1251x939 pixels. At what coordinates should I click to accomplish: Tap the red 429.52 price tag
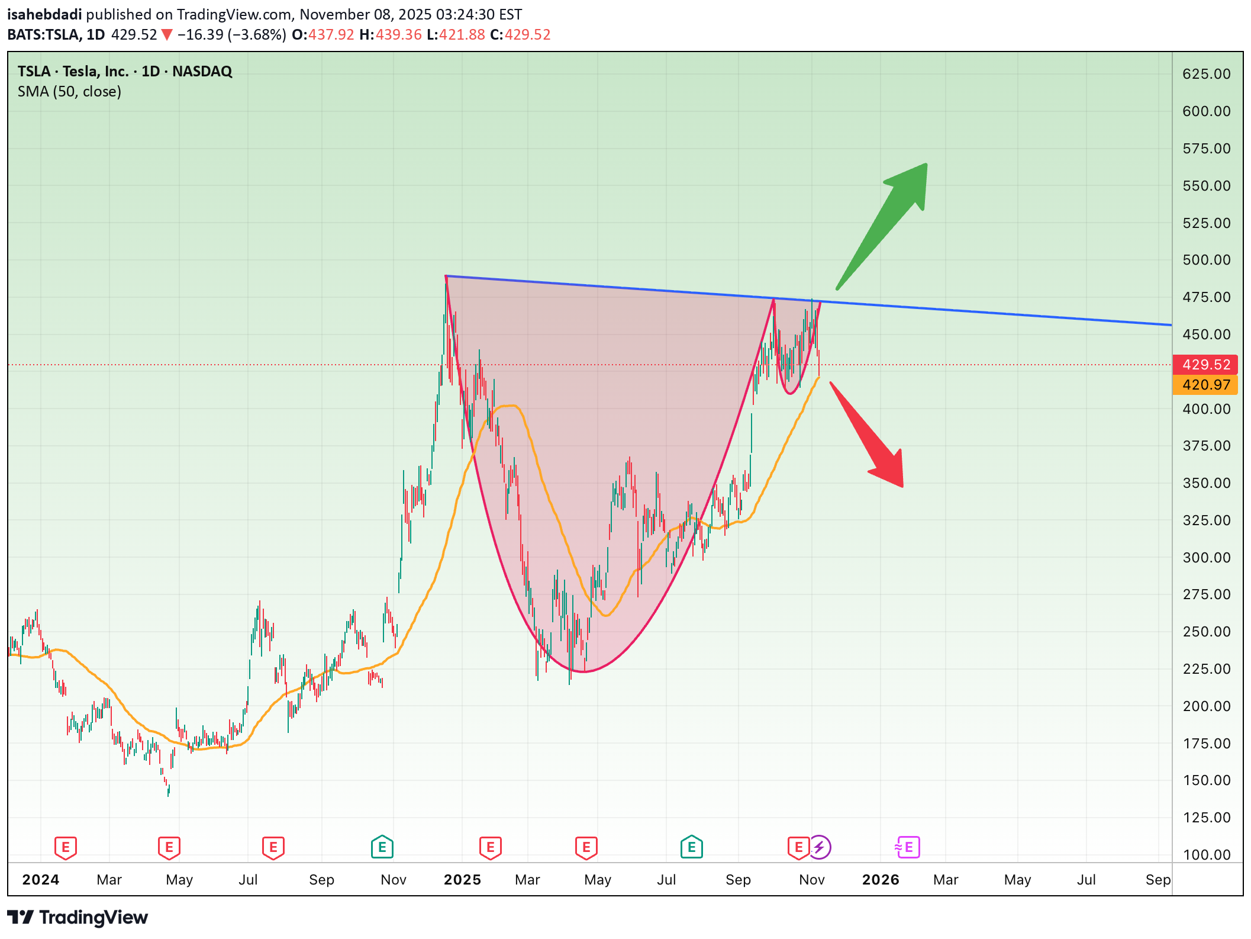click(x=1205, y=365)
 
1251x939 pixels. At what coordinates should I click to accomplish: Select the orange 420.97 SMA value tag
click(x=1205, y=385)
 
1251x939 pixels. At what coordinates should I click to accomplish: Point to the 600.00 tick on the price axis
click(x=1206, y=111)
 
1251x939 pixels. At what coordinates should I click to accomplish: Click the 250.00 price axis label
click(x=1206, y=632)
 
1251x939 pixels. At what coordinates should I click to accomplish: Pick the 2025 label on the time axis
click(x=462, y=880)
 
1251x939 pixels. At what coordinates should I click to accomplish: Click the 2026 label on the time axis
click(x=881, y=880)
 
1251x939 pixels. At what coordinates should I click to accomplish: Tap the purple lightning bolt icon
click(x=820, y=847)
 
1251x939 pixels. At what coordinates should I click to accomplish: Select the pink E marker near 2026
click(x=908, y=847)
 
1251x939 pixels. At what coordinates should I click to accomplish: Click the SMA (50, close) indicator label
click(x=69, y=92)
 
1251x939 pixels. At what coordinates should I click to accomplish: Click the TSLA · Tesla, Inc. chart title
click(x=124, y=72)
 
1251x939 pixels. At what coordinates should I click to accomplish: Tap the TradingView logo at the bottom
click(x=78, y=918)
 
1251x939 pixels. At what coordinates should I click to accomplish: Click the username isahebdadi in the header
click(x=44, y=14)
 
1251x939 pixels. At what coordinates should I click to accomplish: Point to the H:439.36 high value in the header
click(x=391, y=35)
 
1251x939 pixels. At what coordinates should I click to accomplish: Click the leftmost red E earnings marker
click(x=66, y=847)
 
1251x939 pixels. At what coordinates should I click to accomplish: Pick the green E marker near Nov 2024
click(x=382, y=847)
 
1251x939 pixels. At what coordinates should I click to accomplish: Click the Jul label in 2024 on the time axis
click(x=248, y=880)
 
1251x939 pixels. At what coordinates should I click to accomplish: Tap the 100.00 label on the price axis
click(x=1206, y=855)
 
